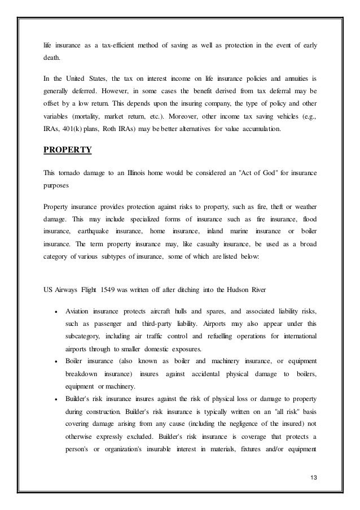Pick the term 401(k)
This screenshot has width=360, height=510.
74,129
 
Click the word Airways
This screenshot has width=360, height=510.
69,291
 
